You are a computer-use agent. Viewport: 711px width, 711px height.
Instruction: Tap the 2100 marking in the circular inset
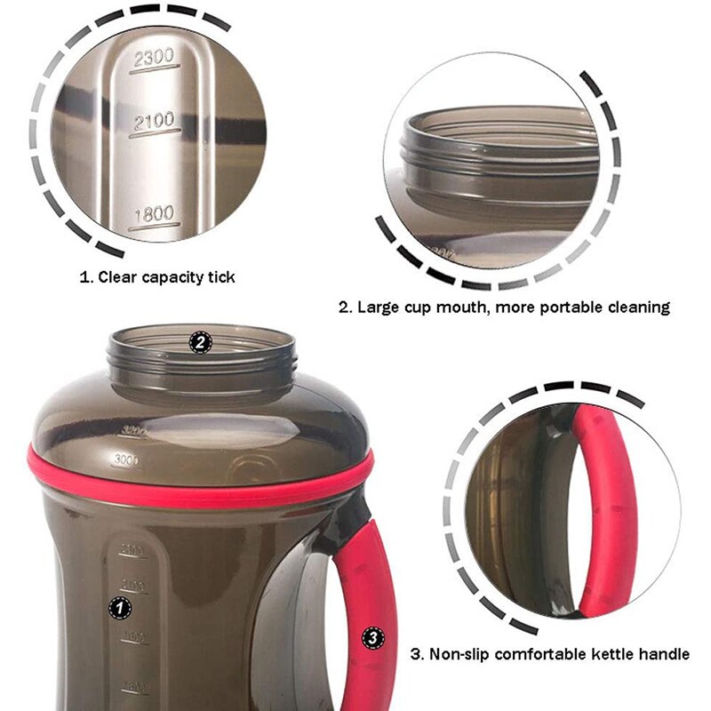pos(153,121)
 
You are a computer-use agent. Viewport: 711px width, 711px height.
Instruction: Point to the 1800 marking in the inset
pos(153,213)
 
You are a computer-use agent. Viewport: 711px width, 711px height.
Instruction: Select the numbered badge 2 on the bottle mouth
pos(201,341)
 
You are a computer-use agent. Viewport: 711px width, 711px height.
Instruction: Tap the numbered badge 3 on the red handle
pos(373,637)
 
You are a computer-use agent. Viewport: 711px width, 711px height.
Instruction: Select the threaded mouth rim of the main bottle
pos(202,355)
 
